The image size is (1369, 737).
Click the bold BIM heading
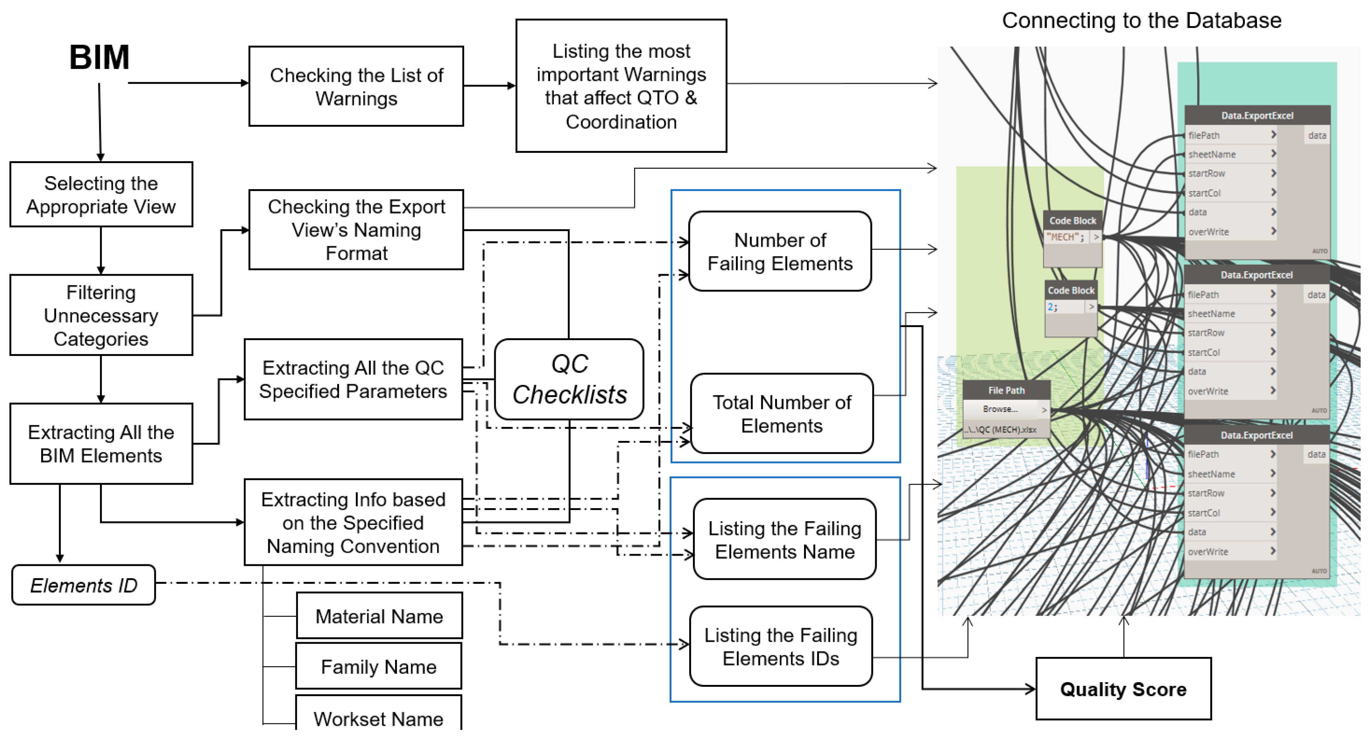coord(99,57)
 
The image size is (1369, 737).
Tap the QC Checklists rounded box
coord(569,379)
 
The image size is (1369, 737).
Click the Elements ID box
coord(84,585)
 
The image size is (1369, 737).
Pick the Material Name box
coord(379,616)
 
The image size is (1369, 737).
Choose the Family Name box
coord(378,666)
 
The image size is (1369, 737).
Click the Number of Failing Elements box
coord(779,252)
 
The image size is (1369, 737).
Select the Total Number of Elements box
coord(781,414)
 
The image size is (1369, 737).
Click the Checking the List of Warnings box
coord(356,87)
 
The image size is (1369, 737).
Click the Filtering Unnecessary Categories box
coord(101,315)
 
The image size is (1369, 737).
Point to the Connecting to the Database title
coord(1141,21)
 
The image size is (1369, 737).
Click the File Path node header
coord(1006,390)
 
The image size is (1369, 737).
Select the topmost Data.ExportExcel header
coord(1257,115)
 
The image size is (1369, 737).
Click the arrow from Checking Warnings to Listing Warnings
coord(489,86)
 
